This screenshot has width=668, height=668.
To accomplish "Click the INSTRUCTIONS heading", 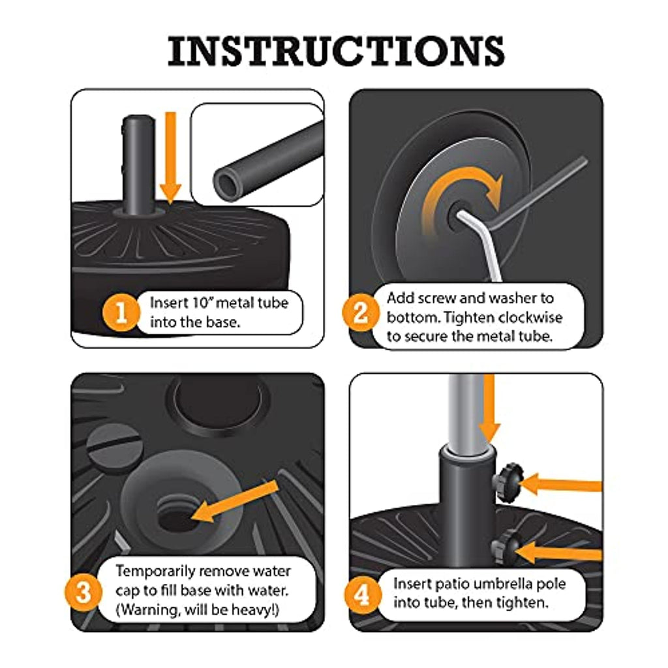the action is point(336,51).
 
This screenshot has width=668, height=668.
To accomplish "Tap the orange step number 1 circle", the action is point(121,312).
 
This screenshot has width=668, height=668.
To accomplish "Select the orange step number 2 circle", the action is point(360,312).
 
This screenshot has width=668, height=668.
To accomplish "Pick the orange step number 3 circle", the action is point(83,592).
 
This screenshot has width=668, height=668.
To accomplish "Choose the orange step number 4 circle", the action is point(362,595).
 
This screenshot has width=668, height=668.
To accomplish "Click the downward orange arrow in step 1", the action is point(170,158).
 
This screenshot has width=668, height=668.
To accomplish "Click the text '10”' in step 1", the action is point(203,303).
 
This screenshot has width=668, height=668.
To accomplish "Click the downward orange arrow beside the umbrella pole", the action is point(489,408).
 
